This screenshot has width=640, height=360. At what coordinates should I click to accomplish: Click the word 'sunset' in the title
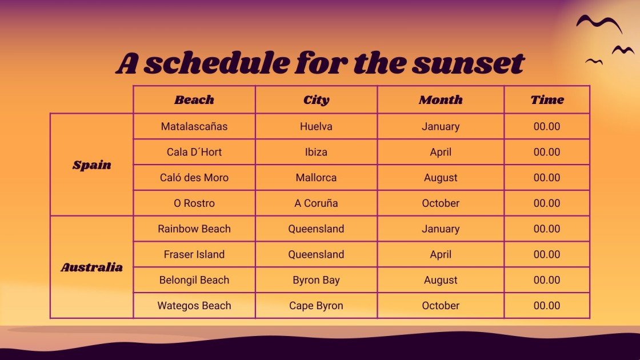click(x=467, y=63)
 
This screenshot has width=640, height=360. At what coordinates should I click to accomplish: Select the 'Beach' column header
click(x=194, y=100)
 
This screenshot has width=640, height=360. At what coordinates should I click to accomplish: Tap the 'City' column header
click(x=316, y=100)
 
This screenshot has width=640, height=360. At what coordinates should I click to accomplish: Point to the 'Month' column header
click(x=441, y=100)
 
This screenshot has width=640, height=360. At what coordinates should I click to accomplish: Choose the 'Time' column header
click(x=547, y=100)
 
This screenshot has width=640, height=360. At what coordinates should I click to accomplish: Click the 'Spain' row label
click(x=91, y=165)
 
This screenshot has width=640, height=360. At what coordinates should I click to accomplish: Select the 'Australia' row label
click(x=91, y=267)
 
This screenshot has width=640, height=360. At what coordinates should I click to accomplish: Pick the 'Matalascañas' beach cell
click(x=194, y=126)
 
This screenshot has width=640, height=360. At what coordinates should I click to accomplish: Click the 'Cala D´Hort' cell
click(x=194, y=152)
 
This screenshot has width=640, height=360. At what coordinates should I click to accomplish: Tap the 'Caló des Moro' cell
click(x=194, y=178)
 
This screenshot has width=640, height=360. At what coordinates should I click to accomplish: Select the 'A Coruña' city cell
click(x=316, y=203)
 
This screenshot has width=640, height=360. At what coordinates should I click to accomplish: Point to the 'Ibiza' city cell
click(x=316, y=152)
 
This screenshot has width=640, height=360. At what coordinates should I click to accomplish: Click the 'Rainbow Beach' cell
click(x=194, y=229)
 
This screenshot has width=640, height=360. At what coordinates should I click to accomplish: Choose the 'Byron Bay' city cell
click(x=316, y=280)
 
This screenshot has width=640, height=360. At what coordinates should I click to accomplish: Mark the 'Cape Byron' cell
click(x=316, y=306)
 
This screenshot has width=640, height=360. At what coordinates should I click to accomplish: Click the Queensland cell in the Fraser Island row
click(x=316, y=254)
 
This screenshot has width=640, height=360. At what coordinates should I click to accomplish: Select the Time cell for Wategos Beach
click(x=547, y=306)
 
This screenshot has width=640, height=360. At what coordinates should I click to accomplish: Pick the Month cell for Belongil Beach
click(x=441, y=280)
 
